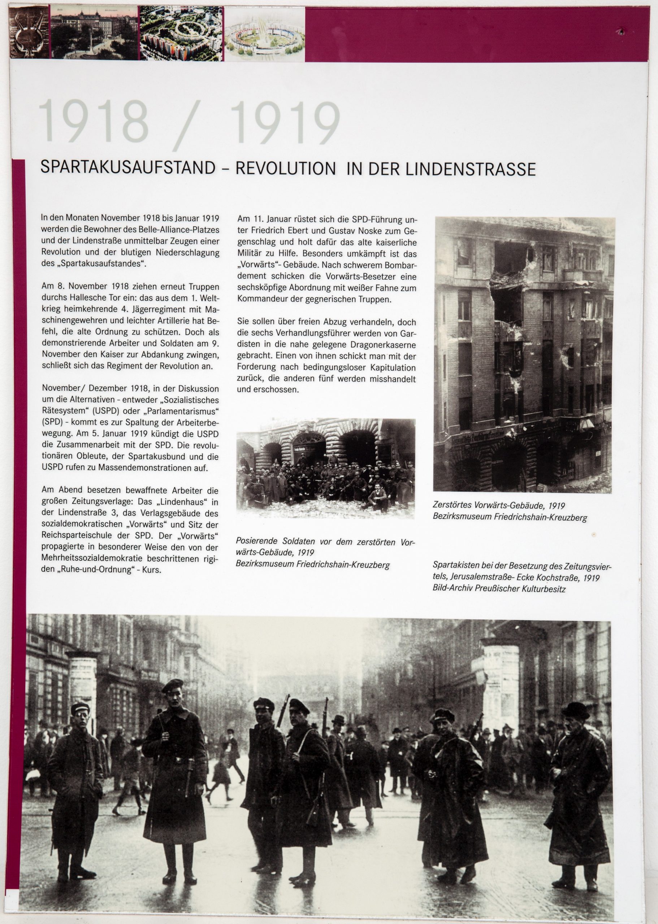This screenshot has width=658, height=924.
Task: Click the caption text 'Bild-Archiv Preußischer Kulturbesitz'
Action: click(x=499, y=588)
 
